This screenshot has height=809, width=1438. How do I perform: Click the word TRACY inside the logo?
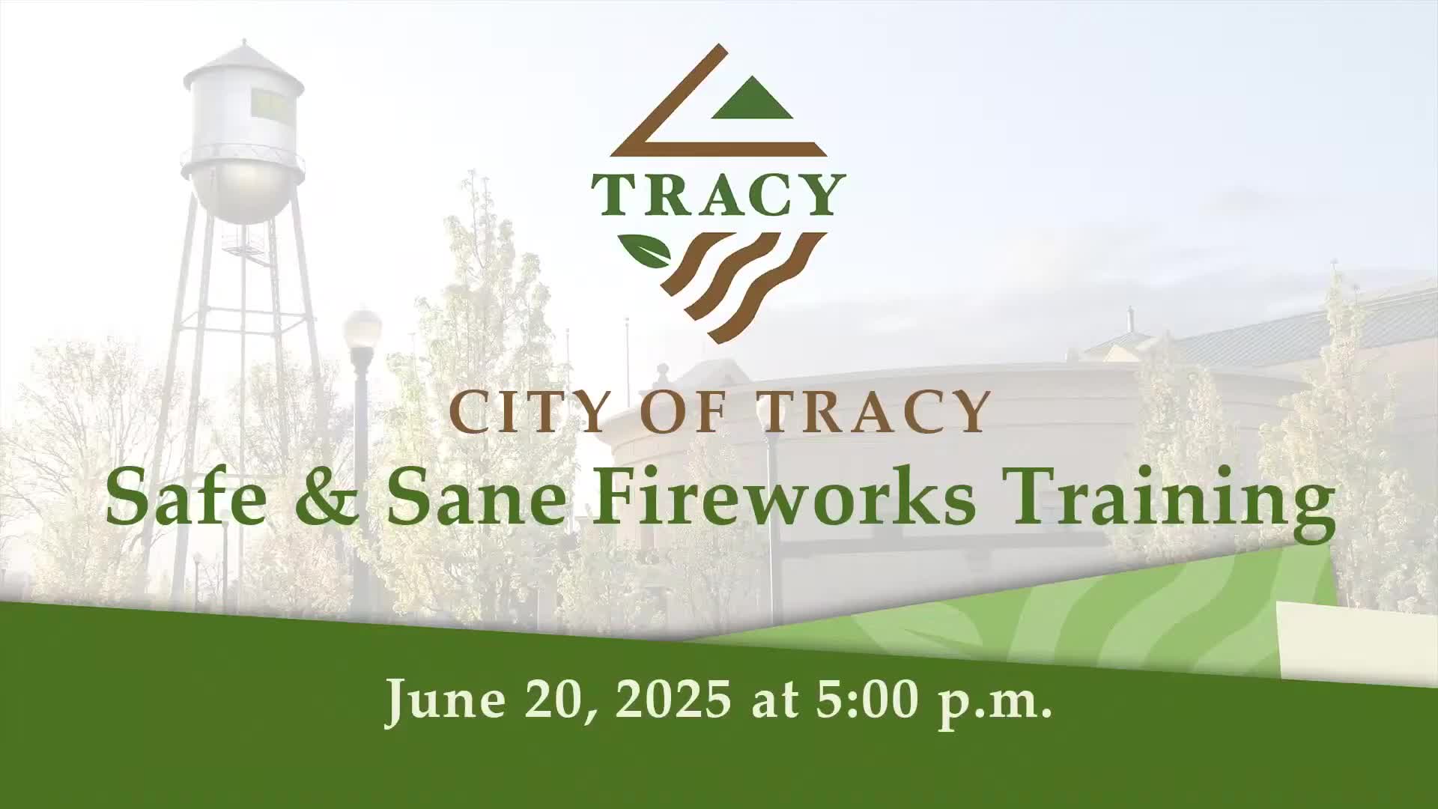(718, 194)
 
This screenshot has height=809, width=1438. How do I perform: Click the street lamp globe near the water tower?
(362, 330)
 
